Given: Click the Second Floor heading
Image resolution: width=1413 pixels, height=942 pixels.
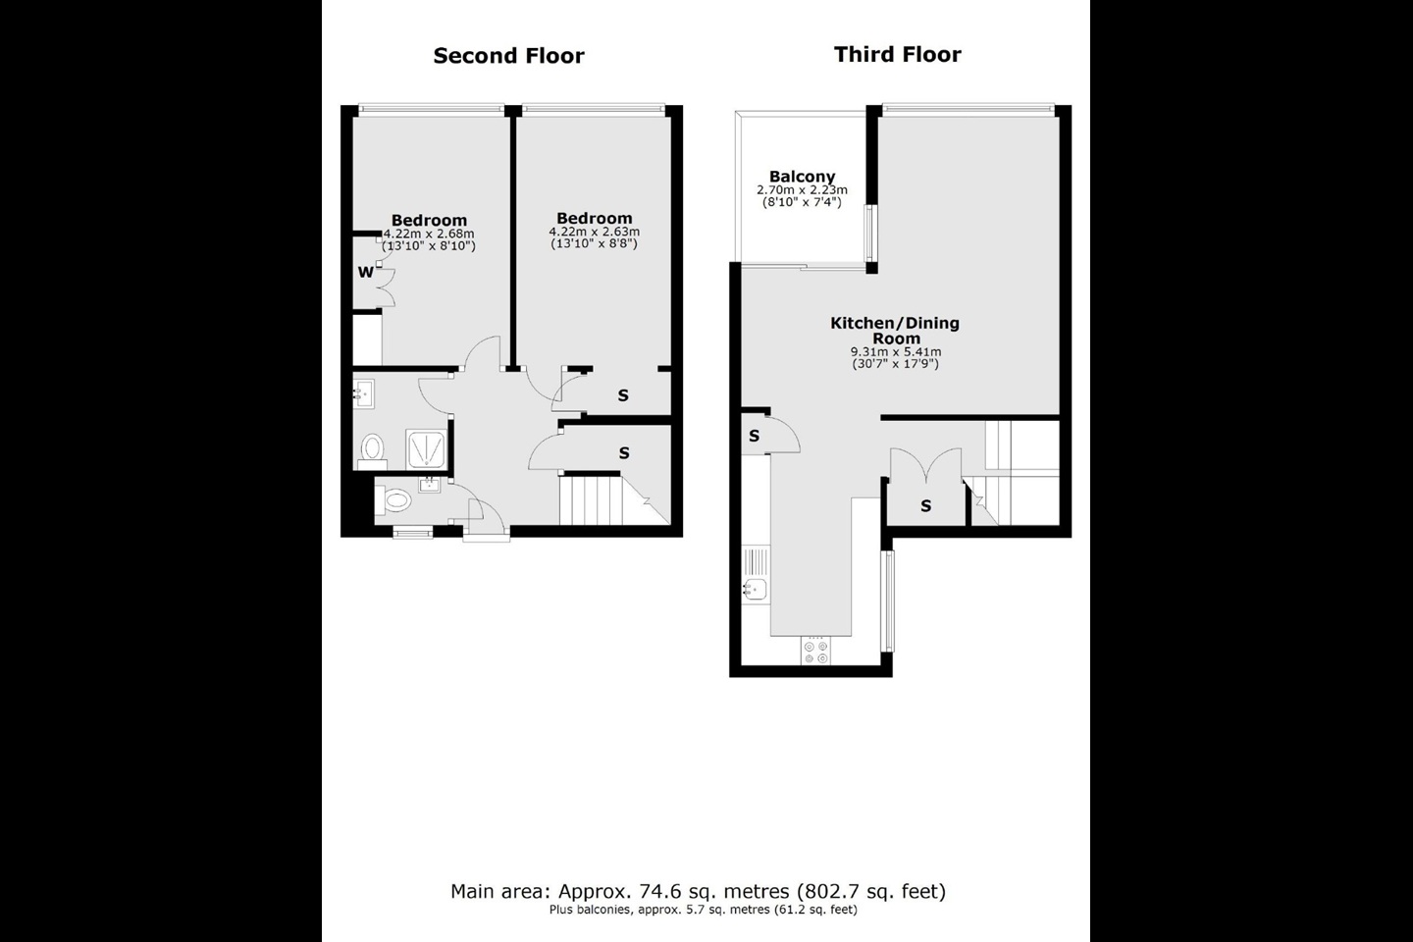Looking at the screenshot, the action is click(508, 56).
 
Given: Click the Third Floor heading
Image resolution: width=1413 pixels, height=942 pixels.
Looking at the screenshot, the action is click(898, 54).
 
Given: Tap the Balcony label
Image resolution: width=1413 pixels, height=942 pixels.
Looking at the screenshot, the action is click(802, 176).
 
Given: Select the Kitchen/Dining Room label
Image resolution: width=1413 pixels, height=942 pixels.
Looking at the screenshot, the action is click(895, 331).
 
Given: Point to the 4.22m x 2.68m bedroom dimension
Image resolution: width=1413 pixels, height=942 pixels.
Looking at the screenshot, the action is click(429, 234).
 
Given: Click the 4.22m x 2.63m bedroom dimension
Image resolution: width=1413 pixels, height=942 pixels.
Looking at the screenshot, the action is click(595, 232).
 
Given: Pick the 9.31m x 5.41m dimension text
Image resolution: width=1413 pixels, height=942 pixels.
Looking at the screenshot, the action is click(896, 352).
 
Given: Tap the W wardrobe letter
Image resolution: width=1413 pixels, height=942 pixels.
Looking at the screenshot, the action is click(365, 272).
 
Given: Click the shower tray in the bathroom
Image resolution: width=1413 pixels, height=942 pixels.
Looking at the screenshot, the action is click(426, 448).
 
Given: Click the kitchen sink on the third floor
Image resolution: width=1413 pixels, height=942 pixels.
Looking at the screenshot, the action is click(755, 589).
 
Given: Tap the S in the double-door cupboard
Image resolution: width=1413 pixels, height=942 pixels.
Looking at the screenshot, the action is click(926, 505).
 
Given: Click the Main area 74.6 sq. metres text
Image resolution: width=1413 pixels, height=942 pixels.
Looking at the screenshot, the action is click(699, 891).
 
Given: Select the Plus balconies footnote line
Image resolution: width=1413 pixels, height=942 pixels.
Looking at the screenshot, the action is click(704, 910).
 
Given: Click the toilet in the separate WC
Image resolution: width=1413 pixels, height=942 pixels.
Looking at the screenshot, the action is click(393, 501).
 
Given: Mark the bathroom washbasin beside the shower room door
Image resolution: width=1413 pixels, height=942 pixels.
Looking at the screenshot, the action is click(363, 394).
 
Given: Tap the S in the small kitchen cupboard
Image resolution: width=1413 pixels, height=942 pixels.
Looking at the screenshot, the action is click(754, 436).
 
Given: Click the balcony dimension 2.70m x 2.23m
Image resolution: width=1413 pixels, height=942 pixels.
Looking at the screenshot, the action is click(802, 190).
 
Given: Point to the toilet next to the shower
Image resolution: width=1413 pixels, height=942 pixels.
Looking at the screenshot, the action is click(372, 450).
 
